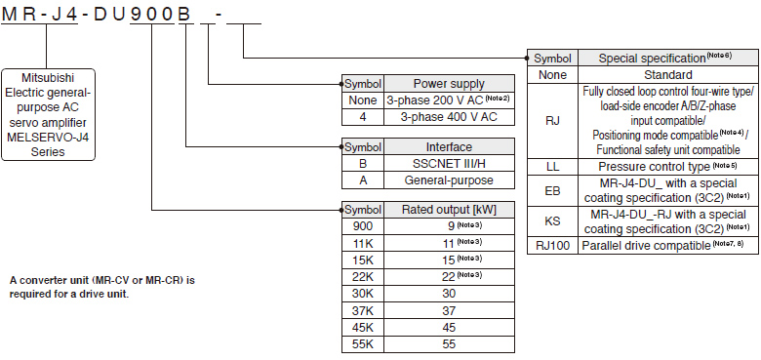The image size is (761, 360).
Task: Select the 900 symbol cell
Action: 363,225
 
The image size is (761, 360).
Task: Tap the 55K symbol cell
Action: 363,343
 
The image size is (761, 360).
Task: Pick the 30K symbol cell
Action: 363,293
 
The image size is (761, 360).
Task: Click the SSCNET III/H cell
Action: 449,163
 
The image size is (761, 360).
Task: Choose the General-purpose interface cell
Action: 449,180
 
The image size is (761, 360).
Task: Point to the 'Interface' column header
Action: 449,146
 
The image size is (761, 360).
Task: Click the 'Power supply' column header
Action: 449,84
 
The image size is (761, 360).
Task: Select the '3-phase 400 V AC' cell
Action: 449,116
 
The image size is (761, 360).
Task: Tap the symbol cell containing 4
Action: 363,116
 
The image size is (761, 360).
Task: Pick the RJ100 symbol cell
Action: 553,245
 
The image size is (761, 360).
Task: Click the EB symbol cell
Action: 553,189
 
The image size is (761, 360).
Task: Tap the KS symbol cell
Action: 553,221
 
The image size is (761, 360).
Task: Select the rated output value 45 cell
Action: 449,327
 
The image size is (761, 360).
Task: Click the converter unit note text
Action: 102,287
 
